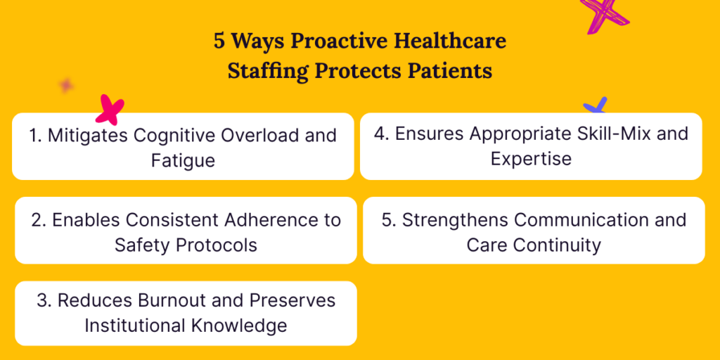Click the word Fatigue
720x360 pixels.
point(183,160)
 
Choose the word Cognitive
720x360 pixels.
point(172,136)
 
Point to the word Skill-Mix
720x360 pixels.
point(602,134)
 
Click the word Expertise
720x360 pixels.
point(531,158)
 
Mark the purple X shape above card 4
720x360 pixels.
point(596,106)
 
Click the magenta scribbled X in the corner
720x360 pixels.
point(603,14)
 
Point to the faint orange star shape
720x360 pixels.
point(66,85)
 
